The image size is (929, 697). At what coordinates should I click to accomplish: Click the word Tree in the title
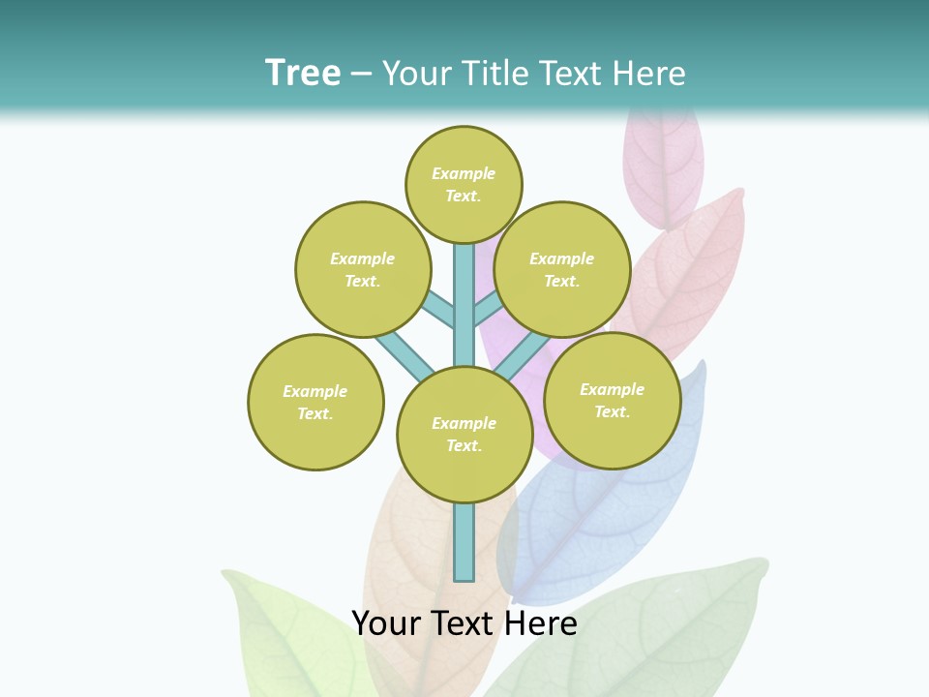point(303,73)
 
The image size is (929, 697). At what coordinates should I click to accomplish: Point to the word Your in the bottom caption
point(388,623)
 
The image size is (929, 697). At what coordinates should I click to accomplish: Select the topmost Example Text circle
point(464,184)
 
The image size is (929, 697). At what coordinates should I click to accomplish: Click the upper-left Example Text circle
point(363,269)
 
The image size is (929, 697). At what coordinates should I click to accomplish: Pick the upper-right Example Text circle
point(562,269)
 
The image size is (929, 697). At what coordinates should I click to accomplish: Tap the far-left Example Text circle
point(315,402)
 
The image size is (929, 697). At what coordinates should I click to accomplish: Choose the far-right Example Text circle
point(613,400)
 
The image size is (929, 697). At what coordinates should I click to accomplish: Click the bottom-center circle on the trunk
point(464,435)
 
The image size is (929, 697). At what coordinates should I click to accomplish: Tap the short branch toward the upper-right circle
point(486,309)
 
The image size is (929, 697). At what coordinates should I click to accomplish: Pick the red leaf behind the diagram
point(692,271)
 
